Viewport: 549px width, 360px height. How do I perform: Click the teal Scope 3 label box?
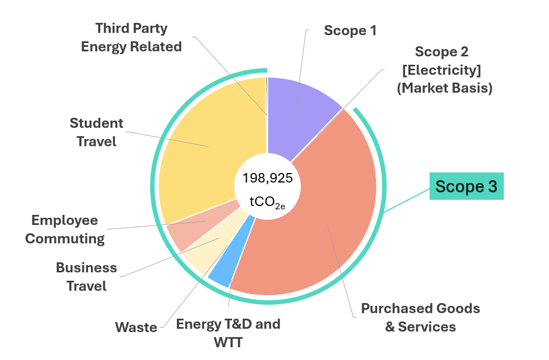click(x=466, y=186)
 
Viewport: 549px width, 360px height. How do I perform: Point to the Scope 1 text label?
click(x=350, y=30)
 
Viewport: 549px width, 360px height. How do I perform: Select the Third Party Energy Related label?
click(x=131, y=37)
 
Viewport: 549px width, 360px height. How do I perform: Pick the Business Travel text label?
click(x=86, y=277)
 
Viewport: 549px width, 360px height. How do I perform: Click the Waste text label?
click(x=136, y=327)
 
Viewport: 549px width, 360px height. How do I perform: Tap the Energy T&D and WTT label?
click(x=228, y=332)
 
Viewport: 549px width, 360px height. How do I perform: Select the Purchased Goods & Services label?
click(x=420, y=317)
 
